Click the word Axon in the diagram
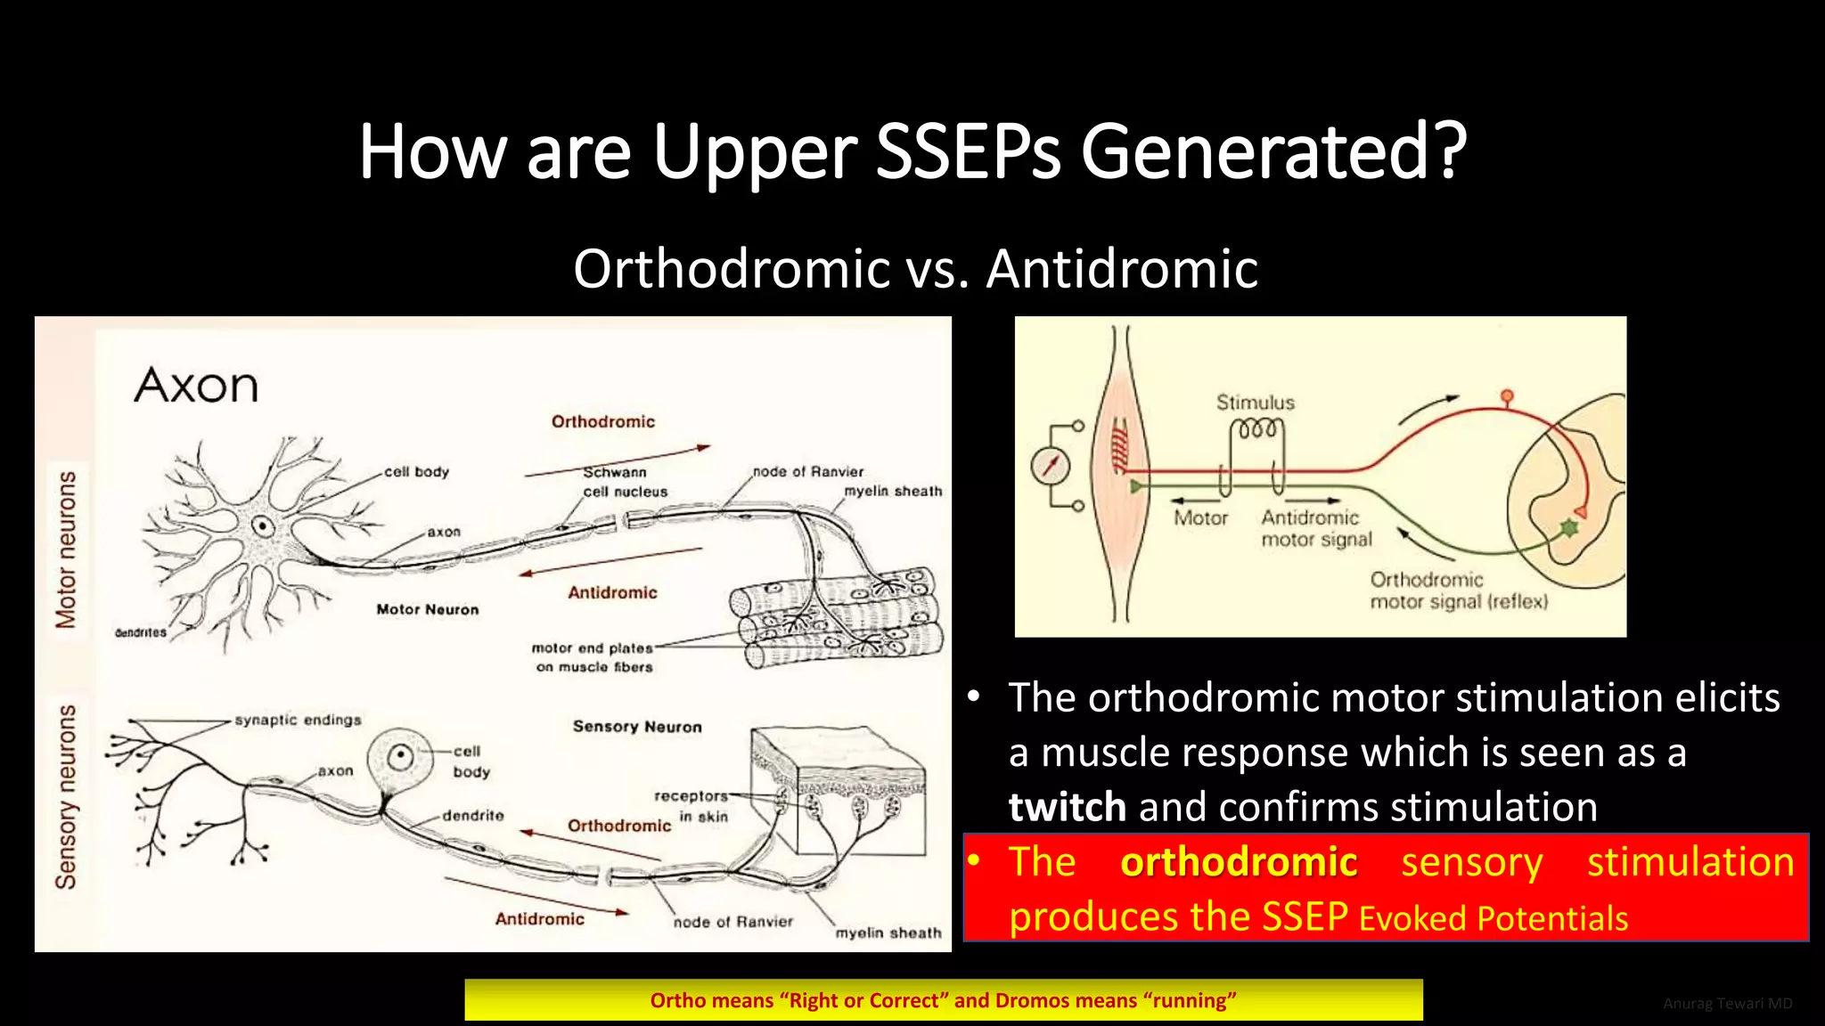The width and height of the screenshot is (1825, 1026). [196, 386]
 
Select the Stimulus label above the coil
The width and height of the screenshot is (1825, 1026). [1255, 403]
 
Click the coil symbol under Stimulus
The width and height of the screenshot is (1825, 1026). [1256, 431]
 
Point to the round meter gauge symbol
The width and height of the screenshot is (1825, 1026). [1052, 466]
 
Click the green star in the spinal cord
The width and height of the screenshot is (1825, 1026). [1567, 529]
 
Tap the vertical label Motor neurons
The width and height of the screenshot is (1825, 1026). [66, 550]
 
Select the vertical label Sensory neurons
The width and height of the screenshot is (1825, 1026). [66, 796]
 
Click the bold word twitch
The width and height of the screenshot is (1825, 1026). [1067, 807]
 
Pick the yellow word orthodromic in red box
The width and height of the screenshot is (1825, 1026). [1238, 862]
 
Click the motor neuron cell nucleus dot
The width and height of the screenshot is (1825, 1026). [262, 525]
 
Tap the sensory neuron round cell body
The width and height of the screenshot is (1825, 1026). [400, 758]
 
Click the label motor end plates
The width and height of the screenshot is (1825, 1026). [592, 648]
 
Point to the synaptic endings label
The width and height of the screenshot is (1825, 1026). [298, 720]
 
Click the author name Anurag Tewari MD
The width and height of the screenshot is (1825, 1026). [1727, 1004]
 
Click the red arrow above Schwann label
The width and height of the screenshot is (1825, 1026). [617, 460]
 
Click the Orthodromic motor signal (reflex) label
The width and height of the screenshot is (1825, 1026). [1458, 590]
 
